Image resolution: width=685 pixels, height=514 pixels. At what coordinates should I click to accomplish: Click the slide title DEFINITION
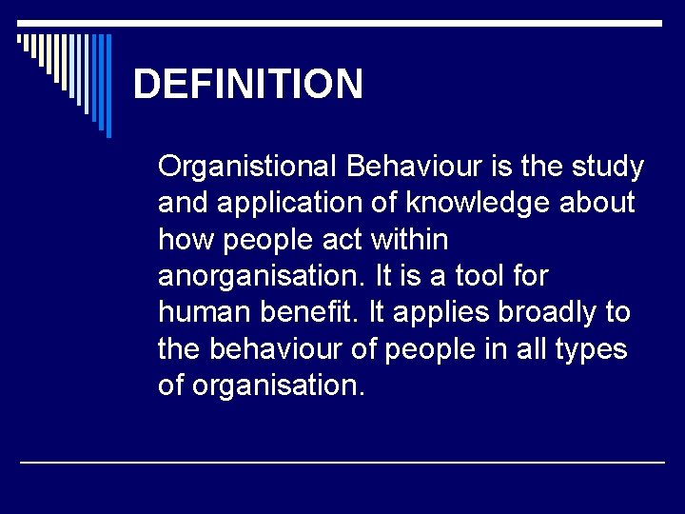(248, 84)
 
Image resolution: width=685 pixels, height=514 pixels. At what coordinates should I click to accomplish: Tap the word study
(607, 168)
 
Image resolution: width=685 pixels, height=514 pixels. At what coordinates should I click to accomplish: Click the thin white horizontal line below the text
(342, 462)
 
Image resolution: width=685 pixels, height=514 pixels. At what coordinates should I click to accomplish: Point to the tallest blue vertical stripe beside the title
(108, 86)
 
